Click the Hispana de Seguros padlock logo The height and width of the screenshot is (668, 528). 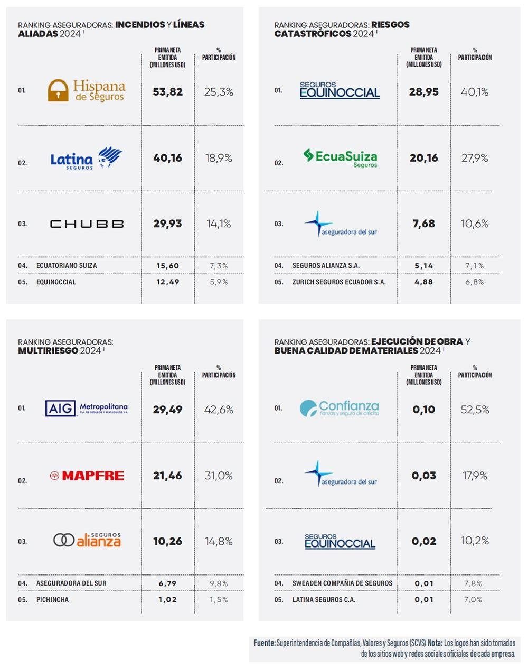pyautogui.click(x=87, y=90)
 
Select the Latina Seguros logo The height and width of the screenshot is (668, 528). pyautogui.click(x=86, y=158)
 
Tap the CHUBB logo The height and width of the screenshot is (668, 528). pyautogui.click(x=87, y=224)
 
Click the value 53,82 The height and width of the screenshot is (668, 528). pyautogui.click(x=167, y=92)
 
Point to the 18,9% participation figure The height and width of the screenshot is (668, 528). pyautogui.click(x=219, y=158)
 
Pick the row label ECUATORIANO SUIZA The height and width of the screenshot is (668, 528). pyautogui.click(x=67, y=266)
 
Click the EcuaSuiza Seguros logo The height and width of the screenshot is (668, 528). pyautogui.click(x=340, y=157)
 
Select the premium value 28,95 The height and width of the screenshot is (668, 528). pyautogui.click(x=423, y=92)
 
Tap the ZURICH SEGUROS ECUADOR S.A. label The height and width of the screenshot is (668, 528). pyautogui.click(x=339, y=282)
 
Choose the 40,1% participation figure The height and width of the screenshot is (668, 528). pyautogui.click(x=475, y=92)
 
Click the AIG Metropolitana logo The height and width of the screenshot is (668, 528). pyautogui.click(x=87, y=408)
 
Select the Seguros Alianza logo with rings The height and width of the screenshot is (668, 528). pyautogui.click(x=87, y=540)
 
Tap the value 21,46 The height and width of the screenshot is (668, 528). pyautogui.click(x=167, y=476)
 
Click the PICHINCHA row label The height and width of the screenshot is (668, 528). pyautogui.click(x=52, y=600)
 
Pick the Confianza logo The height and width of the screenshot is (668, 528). pyautogui.click(x=340, y=408)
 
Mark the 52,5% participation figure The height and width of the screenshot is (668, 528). pyautogui.click(x=475, y=410)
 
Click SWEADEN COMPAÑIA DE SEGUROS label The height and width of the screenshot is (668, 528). pyautogui.click(x=342, y=583)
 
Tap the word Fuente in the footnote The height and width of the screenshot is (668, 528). pyautogui.click(x=264, y=643)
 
